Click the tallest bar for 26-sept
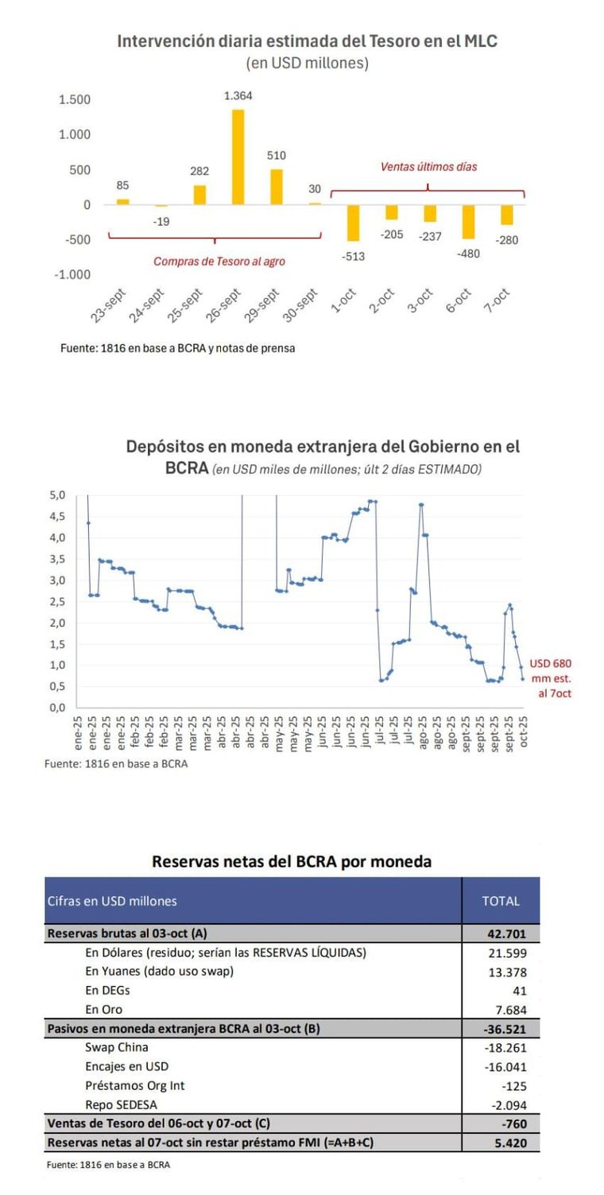click(238, 157)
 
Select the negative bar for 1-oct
click(352, 223)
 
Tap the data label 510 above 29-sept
click(277, 156)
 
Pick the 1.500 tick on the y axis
click(75, 100)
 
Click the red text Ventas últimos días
click(428, 167)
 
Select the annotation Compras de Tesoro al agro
click(219, 261)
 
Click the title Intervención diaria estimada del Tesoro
click(307, 41)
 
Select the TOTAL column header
click(501, 901)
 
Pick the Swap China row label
click(116, 1047)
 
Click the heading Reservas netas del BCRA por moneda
click(292, 861)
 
